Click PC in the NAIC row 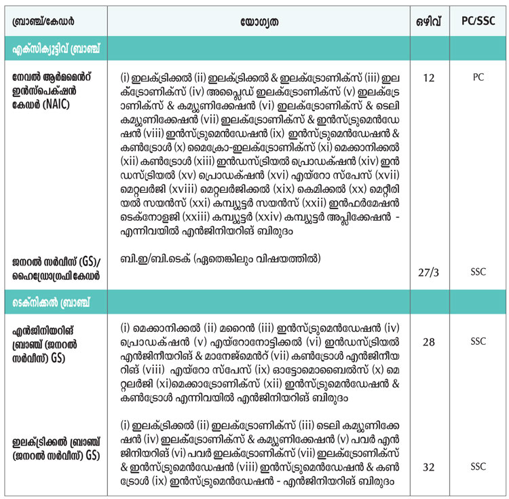[478, 78]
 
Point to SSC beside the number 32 [478, 468]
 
